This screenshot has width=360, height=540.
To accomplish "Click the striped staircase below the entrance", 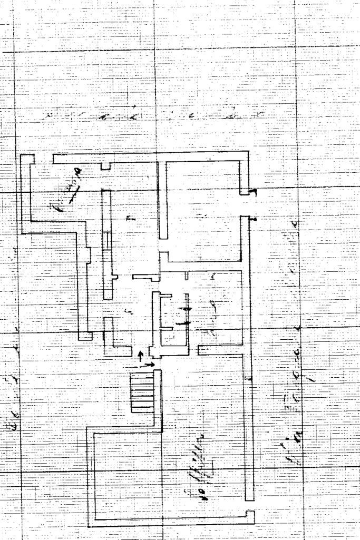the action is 142,392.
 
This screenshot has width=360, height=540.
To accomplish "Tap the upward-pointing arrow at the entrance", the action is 140,355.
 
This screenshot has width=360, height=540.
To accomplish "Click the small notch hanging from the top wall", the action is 106,166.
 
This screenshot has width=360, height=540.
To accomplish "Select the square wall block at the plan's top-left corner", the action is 27,159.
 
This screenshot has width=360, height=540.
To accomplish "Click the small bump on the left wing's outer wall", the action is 89,254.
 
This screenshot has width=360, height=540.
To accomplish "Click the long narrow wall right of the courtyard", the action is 249,427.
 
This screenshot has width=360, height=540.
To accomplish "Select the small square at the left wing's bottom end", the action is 85,336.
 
